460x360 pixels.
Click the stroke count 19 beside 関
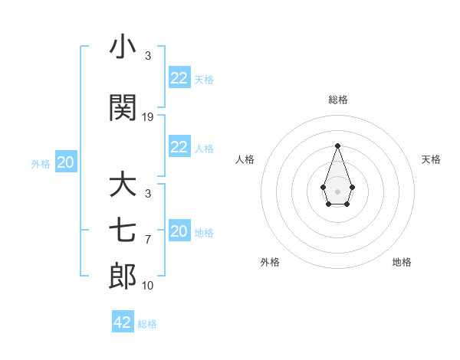click(x=148, y=117)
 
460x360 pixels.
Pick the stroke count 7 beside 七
click(x=148, y=240)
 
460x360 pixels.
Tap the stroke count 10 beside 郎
click(x=148, y=286)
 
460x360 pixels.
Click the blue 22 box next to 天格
click(x=179, y=77)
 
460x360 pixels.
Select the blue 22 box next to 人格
click(x=179, y=147)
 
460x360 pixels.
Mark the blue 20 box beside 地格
click(x=179, y=231)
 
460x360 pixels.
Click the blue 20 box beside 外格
click(x=66, y=162)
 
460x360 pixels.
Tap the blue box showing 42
click(x=123, y=322)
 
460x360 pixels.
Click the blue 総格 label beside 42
click(x=147, y=324)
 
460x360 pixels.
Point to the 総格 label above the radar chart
click(x=337, y=100)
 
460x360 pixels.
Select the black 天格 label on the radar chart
click(x=432, y=159)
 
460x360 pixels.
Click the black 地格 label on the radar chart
click(x=402, y=262)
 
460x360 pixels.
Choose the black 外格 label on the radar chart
click(x=270, y=262)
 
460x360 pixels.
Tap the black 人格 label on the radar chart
click(x=245, y=159)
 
